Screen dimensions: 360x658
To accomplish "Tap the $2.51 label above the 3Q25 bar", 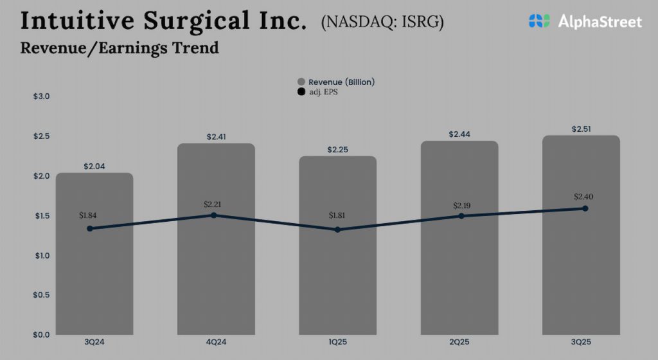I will pyautogui.click(x=582, y=129).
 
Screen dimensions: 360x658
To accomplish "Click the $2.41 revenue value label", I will pyautogui.click(x=216, y=137).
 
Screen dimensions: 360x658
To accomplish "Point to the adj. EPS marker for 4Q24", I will pyautogui.click(x=213, y=215).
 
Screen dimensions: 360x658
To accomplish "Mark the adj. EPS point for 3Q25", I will pyautogui.click(x=585, y=208).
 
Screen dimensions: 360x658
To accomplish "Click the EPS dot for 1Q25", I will pyautogui.click(x=338, y=230).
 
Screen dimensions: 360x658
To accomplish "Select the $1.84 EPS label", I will pyautogui.click(x=88, y=215).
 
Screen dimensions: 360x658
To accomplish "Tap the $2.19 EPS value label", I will pyautogui.click(x=461, y=205).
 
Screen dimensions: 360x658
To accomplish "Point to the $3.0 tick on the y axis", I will pyautogui.click(x=41, y=96).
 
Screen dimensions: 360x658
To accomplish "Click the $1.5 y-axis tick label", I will pyautogui.click(x=41, y=215).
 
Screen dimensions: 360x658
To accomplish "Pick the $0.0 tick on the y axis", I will pyautogui.click(x=41, y=334).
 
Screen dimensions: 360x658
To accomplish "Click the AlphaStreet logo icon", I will pyautogui.click(x=539, y=21).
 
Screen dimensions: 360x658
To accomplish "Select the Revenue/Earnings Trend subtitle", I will pyautogui.click(x=120, y=48).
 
